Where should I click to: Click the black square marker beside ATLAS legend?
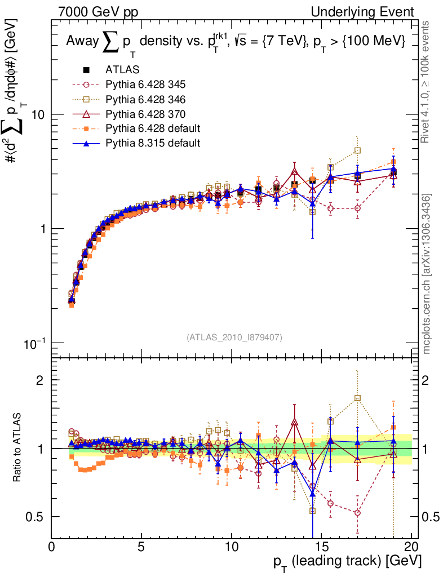[x=87, y=70]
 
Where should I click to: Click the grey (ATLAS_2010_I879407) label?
[x=234, y=338]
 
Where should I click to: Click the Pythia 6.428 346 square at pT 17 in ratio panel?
[x=357, y=398]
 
